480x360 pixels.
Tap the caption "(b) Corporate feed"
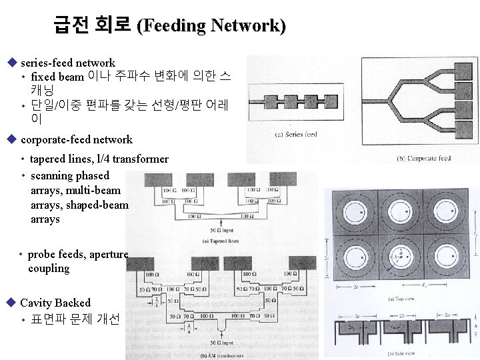(x=425, y=159)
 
